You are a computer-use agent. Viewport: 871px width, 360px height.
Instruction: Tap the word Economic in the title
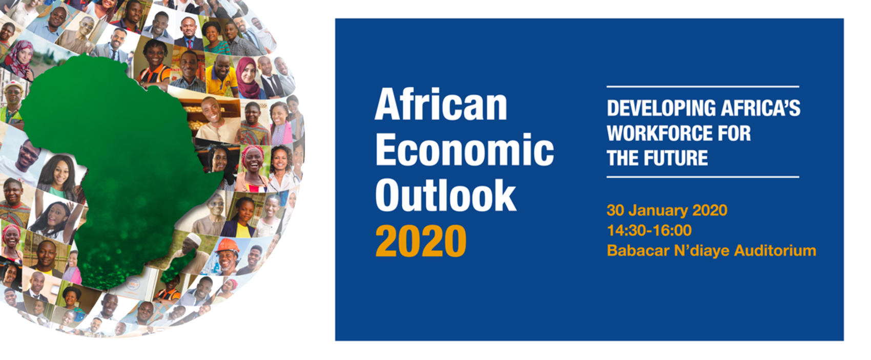point(465,150)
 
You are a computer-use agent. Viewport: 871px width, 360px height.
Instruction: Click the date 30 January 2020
point(667,210)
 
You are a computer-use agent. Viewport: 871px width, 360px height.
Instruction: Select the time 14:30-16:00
point(649,230)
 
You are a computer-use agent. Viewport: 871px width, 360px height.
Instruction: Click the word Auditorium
point(775,251)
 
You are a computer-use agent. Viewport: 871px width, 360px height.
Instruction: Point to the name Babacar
point(638,251)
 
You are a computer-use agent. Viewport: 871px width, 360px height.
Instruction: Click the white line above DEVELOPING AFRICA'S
point(702,87)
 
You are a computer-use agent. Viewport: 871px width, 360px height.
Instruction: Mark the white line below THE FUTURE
point(702,177)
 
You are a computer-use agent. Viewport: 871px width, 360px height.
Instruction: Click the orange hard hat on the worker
point(227,245)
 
